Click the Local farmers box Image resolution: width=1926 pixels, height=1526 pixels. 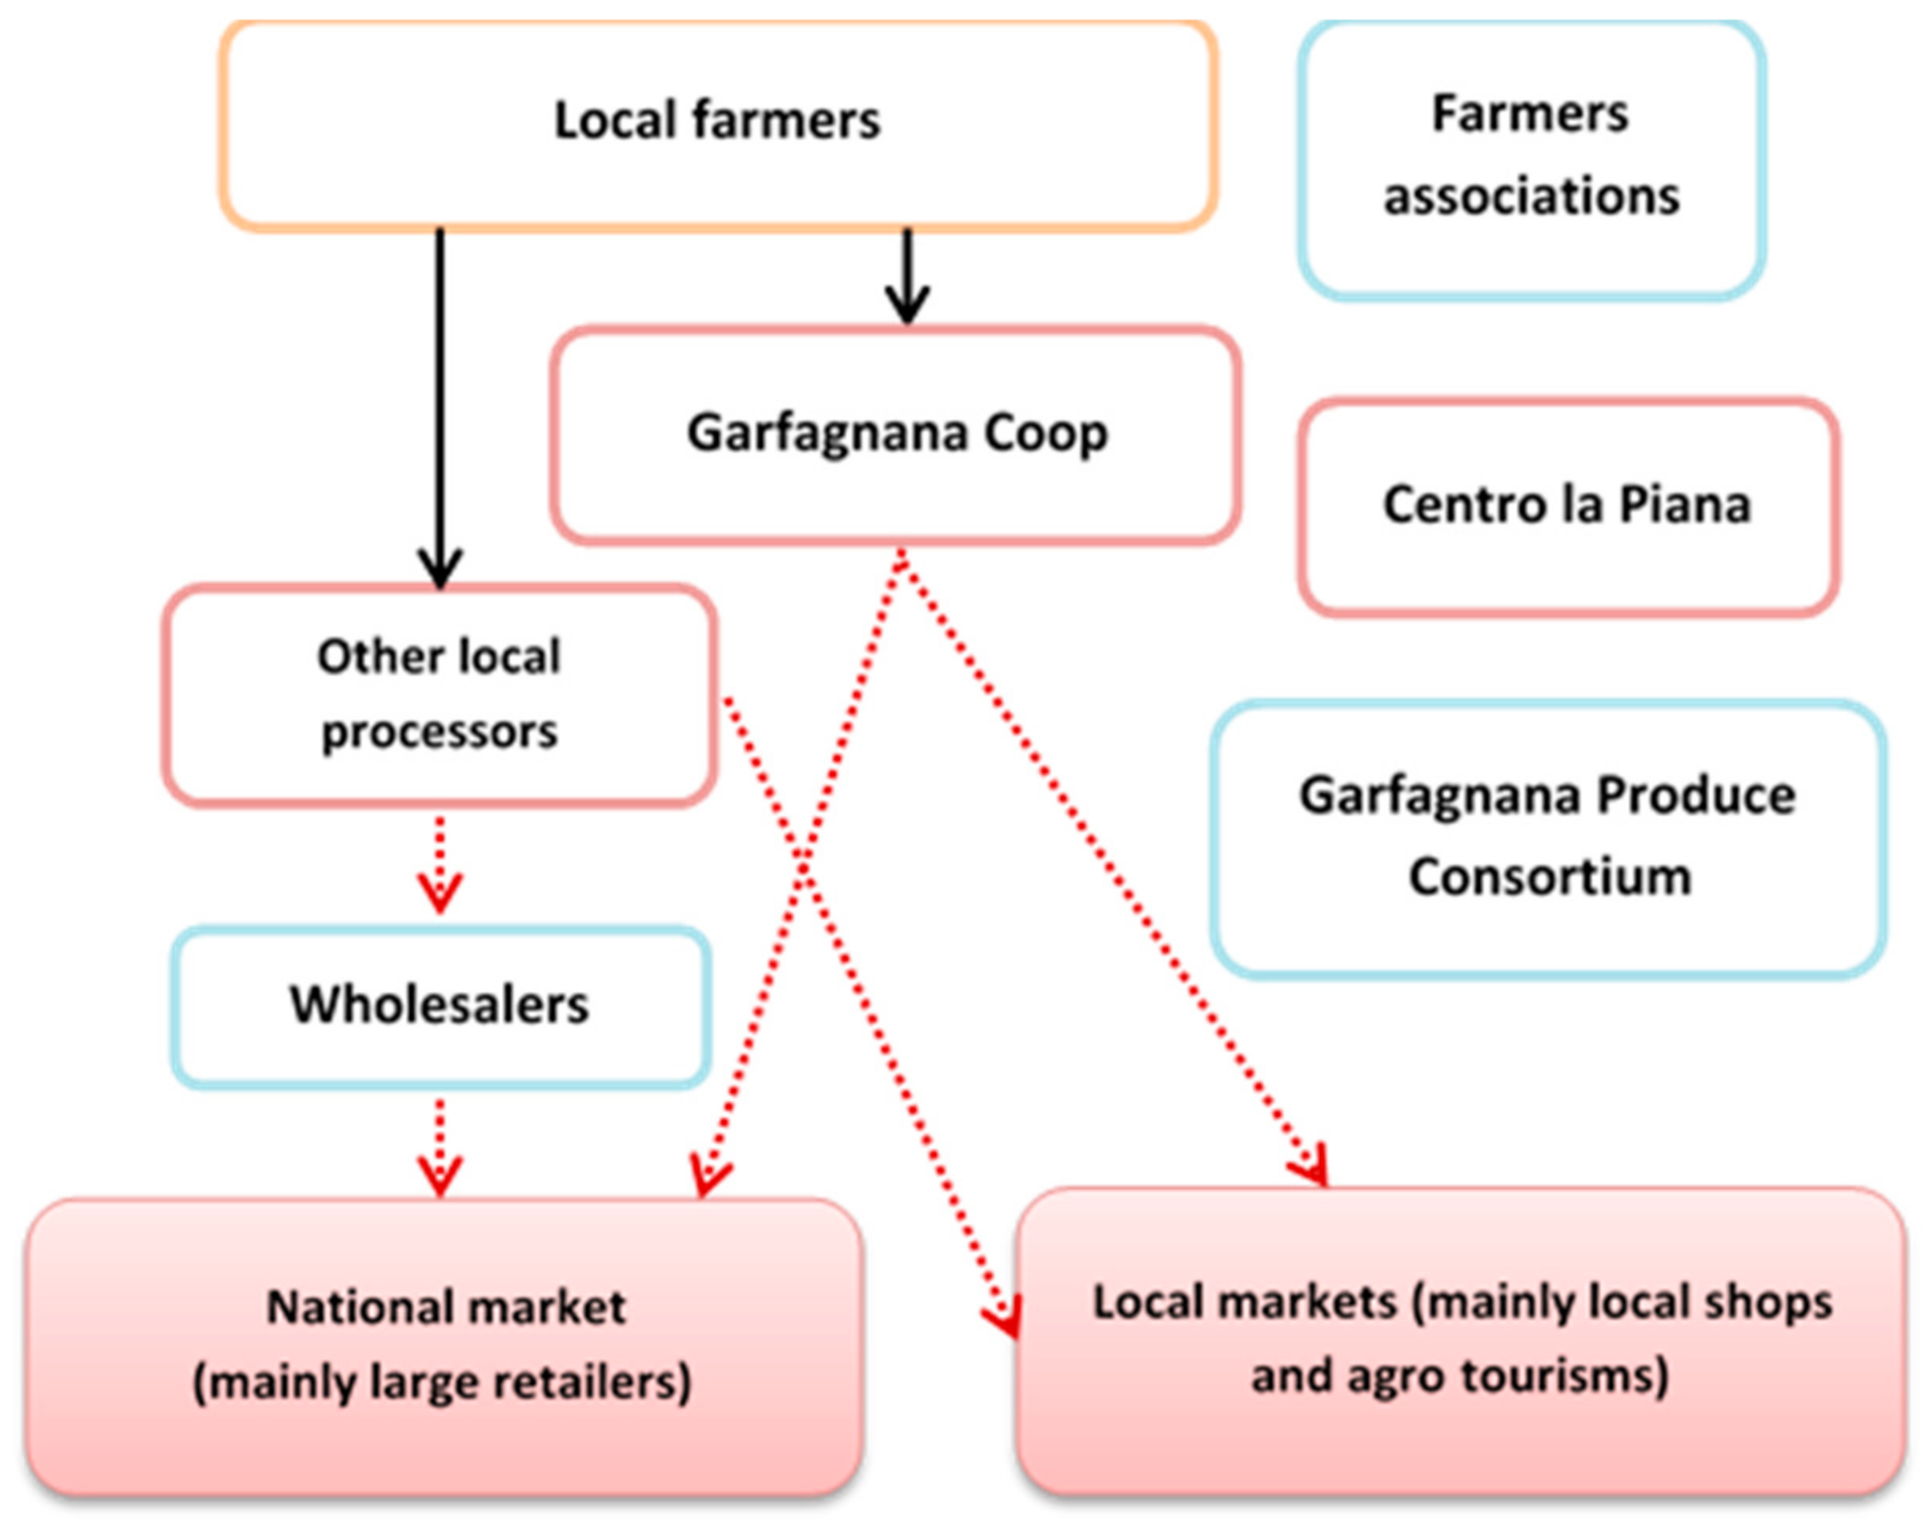point(719,125)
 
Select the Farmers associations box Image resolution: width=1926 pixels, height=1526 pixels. point(1531,159)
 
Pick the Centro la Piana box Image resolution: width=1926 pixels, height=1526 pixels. point(1569,506)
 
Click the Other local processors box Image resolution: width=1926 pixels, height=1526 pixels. point(439,695)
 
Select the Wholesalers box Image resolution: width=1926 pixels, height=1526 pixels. point(440,1007)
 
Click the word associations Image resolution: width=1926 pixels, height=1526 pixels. point(1531,196)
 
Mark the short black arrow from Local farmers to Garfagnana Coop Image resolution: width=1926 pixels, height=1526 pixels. point(907,277)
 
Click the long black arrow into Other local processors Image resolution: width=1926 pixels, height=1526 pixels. point(439,402)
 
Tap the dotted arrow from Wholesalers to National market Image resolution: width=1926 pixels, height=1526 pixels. point(439,1147)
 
